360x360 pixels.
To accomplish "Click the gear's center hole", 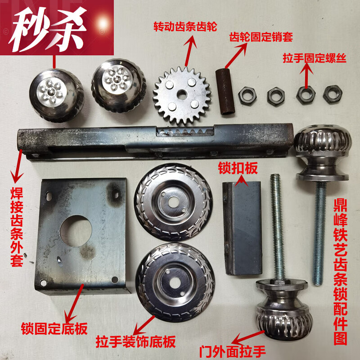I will [182, 95].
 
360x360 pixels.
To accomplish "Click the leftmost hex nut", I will [247, 95].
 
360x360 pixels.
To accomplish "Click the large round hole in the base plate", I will [76, 231].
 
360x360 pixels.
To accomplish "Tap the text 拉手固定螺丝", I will [314, 58].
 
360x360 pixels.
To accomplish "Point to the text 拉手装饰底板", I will [135, 342].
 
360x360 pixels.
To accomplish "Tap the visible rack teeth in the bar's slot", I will [184, 132].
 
